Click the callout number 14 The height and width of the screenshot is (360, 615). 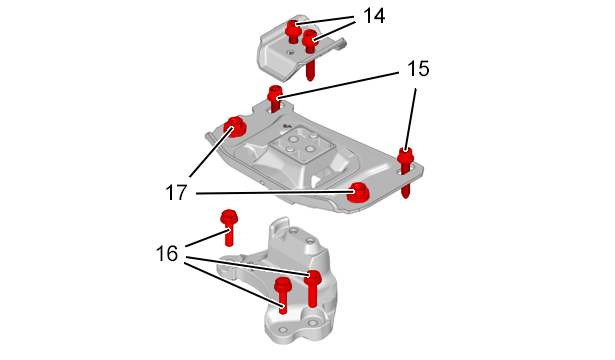[x=374, y=16]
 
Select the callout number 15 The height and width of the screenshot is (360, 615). [x=418, y=69]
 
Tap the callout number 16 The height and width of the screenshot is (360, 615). [x=167, y=253]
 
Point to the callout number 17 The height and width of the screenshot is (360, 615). [x=176, y=193]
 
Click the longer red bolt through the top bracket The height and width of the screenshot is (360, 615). [x=310, y=55]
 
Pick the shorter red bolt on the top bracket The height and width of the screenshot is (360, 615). [x=292, y=32]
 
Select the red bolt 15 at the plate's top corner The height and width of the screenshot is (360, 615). [x=275, y=99]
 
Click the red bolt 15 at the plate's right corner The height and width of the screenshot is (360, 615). [x=406, y=173]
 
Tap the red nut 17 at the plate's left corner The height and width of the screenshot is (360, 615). [x=235, y=127]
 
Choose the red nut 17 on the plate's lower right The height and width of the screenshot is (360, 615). [x=358, y=192]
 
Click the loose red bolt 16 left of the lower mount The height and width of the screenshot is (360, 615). [x=228, y=228]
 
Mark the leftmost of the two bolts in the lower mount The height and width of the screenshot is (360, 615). [x=282, y=295]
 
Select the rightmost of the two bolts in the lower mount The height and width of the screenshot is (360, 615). [x=313, y=288]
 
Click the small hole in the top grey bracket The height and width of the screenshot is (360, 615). [x=290, y=52]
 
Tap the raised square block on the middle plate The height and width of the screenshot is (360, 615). [x=301, y=147]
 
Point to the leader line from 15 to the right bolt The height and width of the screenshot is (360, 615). [x=410, y=119]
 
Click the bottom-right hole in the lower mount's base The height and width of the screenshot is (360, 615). [x=312, y=323]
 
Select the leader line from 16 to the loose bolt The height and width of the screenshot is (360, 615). [x=207, y=239]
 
